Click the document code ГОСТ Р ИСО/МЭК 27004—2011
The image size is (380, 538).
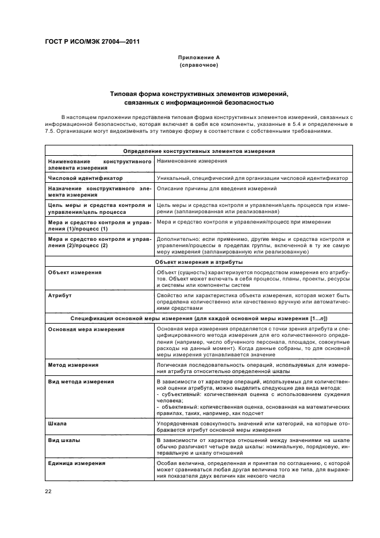[92, 41]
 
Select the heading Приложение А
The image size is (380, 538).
[199, 58]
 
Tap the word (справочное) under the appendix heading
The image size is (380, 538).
[199, 66]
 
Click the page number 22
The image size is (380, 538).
[48, 490]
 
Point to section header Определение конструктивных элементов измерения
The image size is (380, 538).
[199, 151]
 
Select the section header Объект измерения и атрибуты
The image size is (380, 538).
[199, 262]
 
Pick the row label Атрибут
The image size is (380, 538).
[60, 295]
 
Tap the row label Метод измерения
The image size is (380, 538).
[73, 365]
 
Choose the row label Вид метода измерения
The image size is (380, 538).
[81, 382]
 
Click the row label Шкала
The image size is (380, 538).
[57, 423]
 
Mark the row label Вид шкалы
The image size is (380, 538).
[64, 440]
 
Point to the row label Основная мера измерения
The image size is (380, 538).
[86, 329]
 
